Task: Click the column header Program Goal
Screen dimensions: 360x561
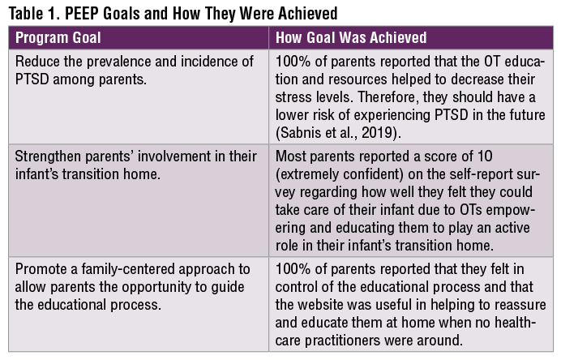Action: pyautogui.click(x=59, y=38)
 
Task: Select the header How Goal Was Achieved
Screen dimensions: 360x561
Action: pyautogui.click(x=351, y=38)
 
